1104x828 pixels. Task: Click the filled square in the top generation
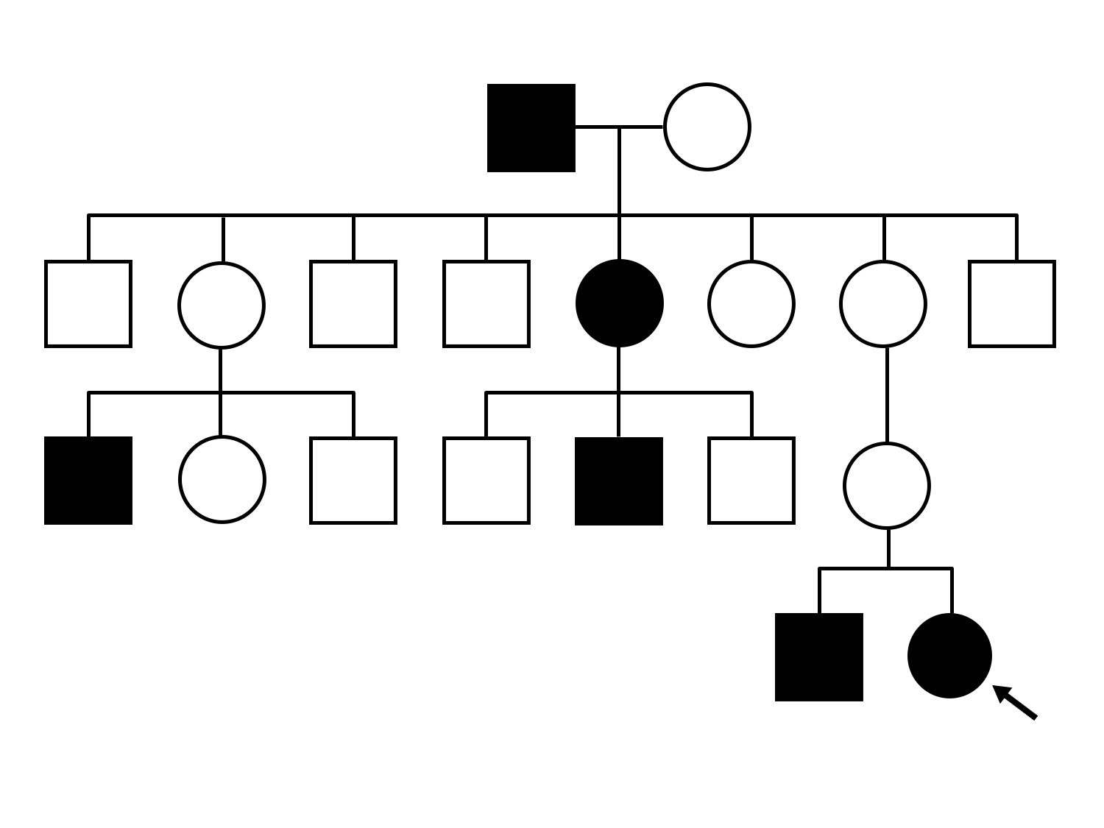point(531,128)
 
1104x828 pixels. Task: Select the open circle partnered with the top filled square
point(707,127)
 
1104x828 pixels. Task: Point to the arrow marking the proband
point(1015,702)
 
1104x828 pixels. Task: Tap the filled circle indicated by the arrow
point(949,656)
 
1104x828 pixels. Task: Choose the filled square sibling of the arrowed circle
point(818,657)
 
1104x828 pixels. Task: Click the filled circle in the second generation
point(619,303)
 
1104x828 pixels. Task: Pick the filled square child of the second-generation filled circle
point(618,481)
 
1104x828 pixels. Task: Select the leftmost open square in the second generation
point(88,303)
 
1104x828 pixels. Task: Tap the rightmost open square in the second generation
point(1011,303)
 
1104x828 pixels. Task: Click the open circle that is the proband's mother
point(886,486)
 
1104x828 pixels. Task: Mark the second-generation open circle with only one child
point(882,303)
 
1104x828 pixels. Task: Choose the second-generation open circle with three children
point(221,305)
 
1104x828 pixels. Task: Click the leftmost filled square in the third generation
point(88,481)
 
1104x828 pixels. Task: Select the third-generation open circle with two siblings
point(222,480)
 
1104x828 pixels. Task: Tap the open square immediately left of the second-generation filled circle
point(486,303)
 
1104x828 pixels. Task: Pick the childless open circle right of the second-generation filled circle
point(751,303)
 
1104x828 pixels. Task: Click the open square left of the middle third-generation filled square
point(486,481)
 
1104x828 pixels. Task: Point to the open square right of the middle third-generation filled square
point(751,481)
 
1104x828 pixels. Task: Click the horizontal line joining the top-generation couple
point(619,127)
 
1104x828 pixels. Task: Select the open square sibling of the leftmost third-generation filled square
point(353,481)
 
